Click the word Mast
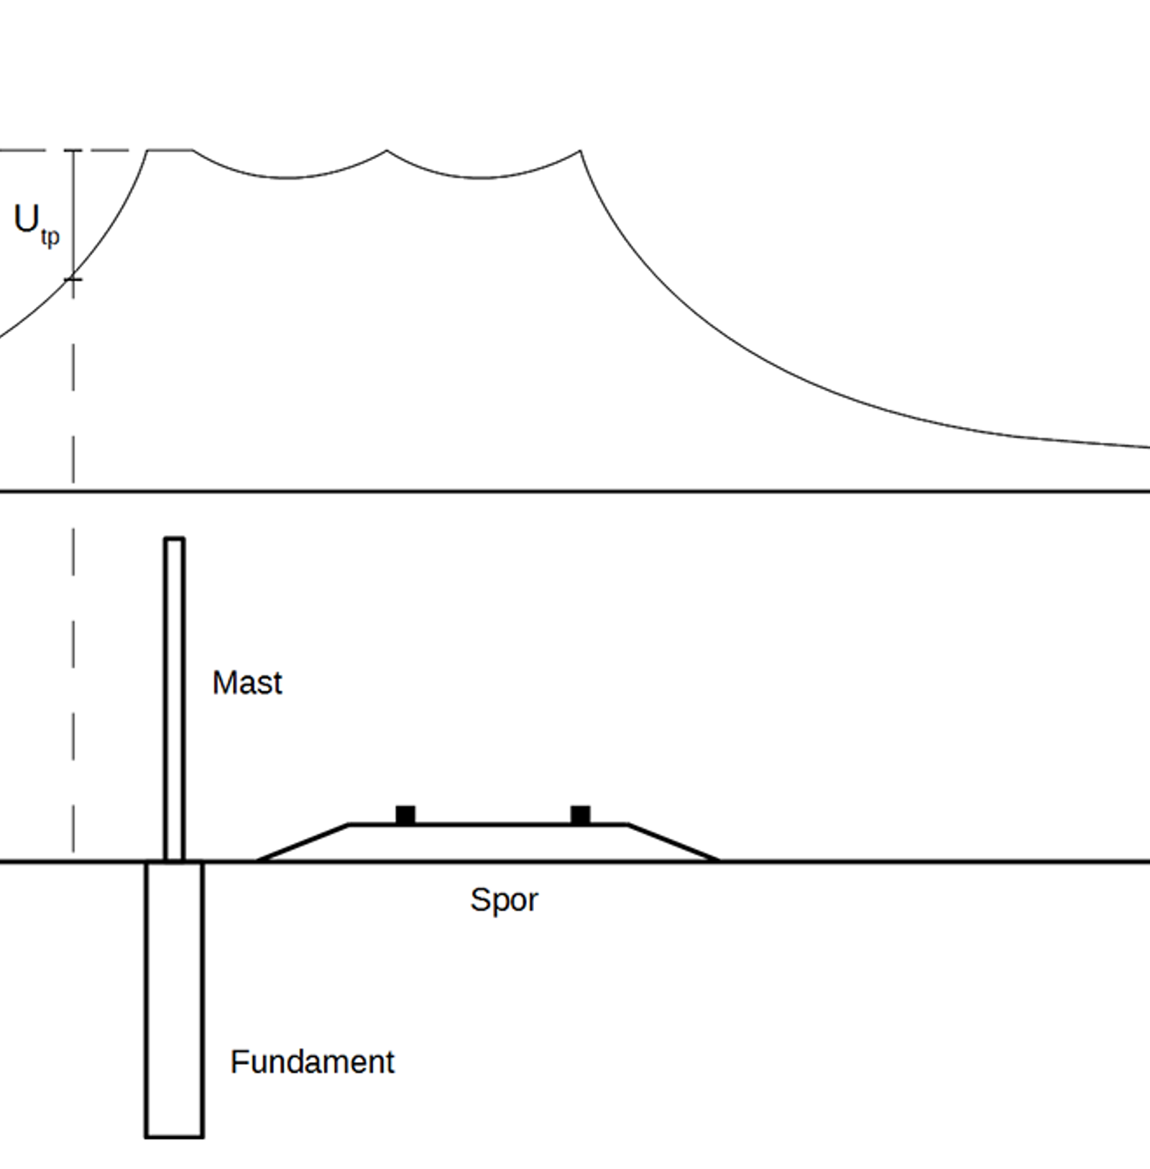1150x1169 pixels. pyautogui.click(x=247, y=682)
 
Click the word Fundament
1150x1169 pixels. pyautogui.click(x=312, y=1062)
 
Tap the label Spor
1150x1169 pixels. pyautogui.click(x=504, y=900)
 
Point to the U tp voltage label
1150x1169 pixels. pyautogui.click(x=36, y=224)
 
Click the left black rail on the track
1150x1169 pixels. pyautogui.click(x=405, y=815)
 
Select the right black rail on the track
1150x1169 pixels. pyautogui.click(x=581, y=815)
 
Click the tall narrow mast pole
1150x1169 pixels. pyautogui.click(x=174, y=698)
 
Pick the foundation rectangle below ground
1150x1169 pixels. pyautogui.click(x=174, y=999)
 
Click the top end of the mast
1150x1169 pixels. pyautogui.click(x=174, y=538)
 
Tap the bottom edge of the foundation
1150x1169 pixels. pyautogui.click(x=174, y=1137)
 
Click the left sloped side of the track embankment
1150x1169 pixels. pyautogui.click(x=303, y=842)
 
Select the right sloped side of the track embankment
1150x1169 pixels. pyautogui.click(x=673, y=842)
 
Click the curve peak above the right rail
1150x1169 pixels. pyautogui.click(x=580, y=151)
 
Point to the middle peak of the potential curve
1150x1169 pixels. pyautogui.click(x=387, y=151)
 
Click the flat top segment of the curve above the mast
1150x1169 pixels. pyautogui.click(x=170, y=150)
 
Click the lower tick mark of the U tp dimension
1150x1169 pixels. pyautogui.click(x=73, y=279)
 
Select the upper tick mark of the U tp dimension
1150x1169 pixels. pyautogui.click(x=73, y=151)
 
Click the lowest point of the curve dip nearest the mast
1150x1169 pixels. pyautogui.click(x=287, y=177)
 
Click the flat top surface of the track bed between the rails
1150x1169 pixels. pyautogui.click(x=493, y=825)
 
